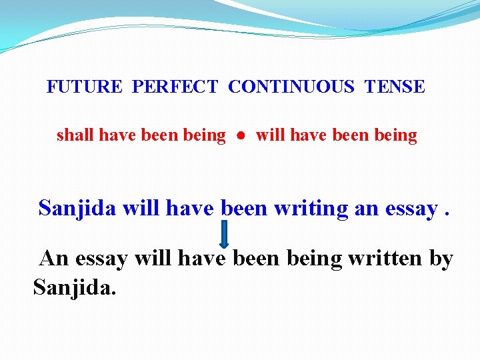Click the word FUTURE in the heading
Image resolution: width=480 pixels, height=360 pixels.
pyautogui.click(x=85, y=87)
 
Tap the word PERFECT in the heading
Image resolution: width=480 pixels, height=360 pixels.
pyautogui.click(x=175, y=87)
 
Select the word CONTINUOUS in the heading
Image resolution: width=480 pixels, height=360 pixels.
pyautogui.click(x=291, y=87)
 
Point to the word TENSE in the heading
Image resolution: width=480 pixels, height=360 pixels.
pyautogui.click(x=395, y=87)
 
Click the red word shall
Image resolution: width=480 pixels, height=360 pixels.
pyautogui.click(x=75, y=135)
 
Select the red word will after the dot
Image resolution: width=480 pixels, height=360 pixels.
pyautogui.click(x=270, y=135)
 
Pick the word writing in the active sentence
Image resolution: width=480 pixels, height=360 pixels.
pyautogui.click(x=311, y=208)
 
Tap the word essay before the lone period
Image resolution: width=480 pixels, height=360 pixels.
pyautogui.click(x=410, y=209)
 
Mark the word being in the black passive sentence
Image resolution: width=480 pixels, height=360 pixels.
pyautogui.click(x=313, y=258)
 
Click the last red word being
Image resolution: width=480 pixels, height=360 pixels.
pyautogui.click(x=395, y=135)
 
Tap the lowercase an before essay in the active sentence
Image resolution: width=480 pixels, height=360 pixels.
pyautogui.click(x=366, y=209)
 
